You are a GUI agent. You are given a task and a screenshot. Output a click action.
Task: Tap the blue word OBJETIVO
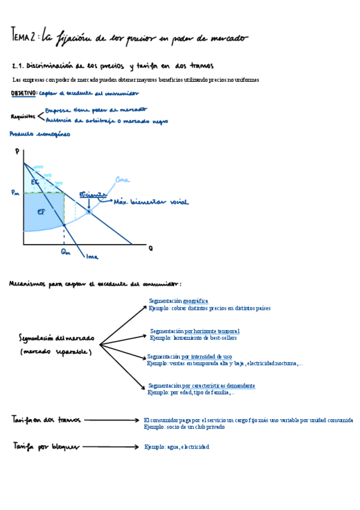pos(23,93)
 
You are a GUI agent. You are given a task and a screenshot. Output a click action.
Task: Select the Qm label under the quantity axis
pos(66,253)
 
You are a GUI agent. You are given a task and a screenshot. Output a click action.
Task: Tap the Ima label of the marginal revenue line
pos(92,257)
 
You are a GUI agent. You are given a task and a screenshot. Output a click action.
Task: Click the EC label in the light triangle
pos(34,180)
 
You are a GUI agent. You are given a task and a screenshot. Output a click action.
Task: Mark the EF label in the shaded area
pos(40,212)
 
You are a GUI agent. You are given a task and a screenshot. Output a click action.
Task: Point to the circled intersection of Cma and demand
pos(88,211)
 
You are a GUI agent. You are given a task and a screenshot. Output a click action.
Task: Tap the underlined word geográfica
pos(195,300)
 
